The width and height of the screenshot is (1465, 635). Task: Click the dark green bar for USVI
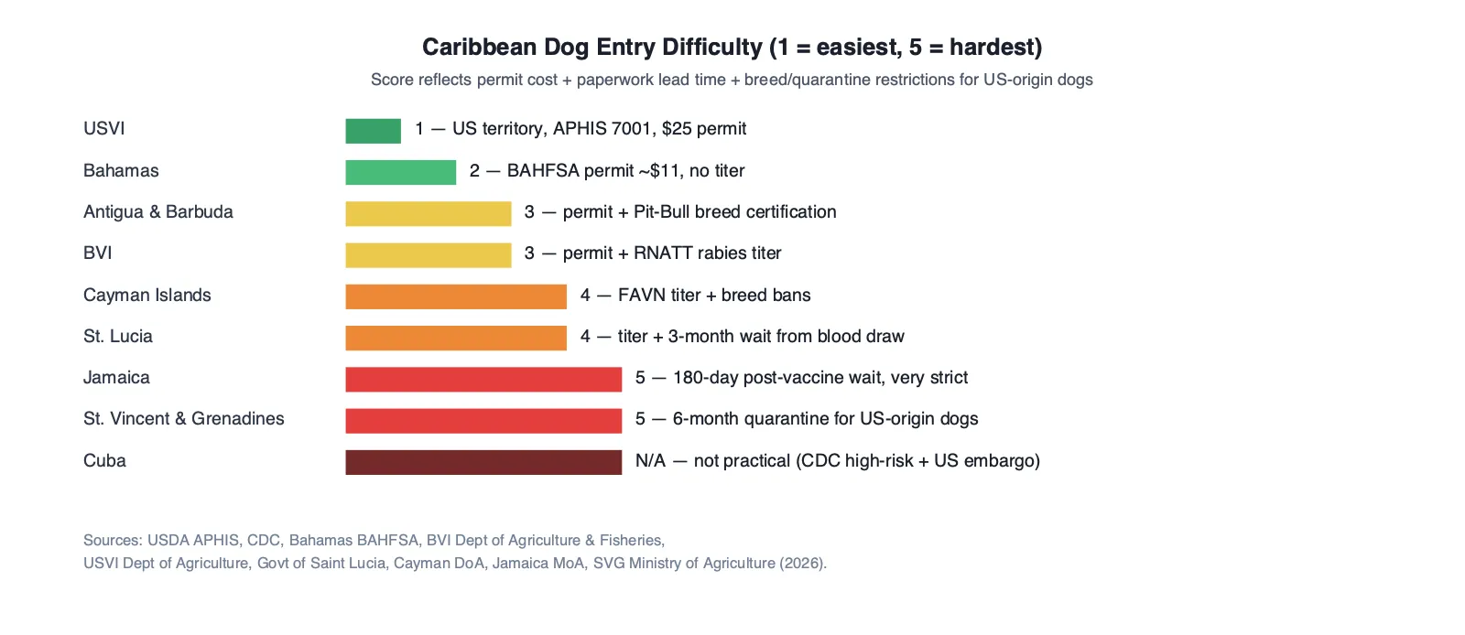click(373, 131)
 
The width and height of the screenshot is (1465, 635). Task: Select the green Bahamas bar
click(400, 172)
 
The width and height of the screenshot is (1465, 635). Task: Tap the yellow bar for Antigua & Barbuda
click(429, 213)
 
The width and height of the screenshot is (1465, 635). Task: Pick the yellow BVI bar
click(429, 254)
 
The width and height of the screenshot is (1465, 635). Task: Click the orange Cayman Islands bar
click(456, 296)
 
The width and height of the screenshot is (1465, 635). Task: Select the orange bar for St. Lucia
click(456, 338)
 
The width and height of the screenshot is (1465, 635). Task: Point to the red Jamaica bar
click(483, 380)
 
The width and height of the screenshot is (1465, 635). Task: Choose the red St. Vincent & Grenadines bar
click(483, 421)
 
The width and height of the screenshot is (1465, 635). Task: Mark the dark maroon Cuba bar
click(483, 462)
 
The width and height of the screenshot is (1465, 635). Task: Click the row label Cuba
click(104, 460)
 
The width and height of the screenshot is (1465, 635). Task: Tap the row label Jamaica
click(116, 378)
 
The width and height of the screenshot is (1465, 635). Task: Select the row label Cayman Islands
click(147, 296)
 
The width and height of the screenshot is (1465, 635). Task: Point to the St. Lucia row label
click(118, 337)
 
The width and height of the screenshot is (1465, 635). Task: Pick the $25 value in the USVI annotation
click(677, 129)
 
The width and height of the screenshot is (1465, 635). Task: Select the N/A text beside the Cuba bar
click(650, 461)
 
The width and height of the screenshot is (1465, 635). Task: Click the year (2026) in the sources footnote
click(802, 563)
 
